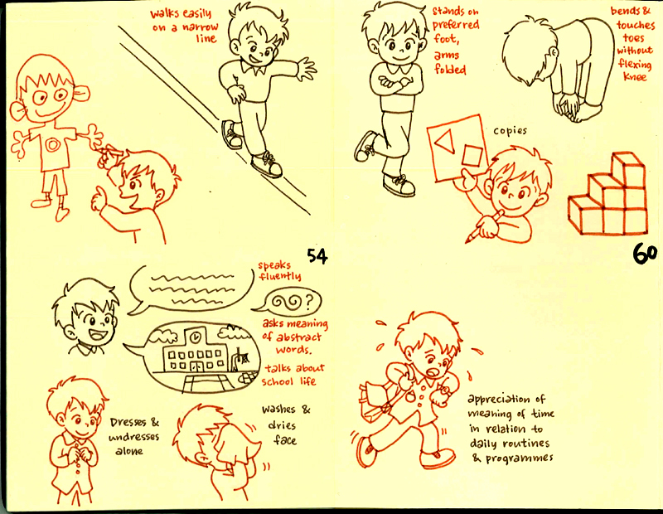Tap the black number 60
click(x=645, y=253)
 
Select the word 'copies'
click(x=510, y=131)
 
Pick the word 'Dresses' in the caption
click(x=129, y=422)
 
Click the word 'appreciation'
click(x=506, y=398)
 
